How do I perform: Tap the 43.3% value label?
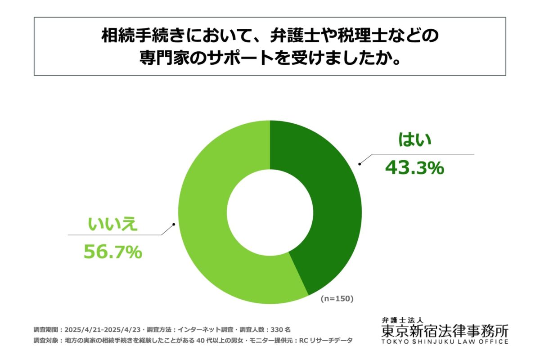tap(414, 168)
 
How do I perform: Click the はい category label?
tap(414, 140)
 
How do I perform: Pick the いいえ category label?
tap(112, 224)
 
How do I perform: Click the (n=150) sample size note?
tap(337, 298)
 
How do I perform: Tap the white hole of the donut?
tap(270, 211)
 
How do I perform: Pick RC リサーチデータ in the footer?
tap(325, 341)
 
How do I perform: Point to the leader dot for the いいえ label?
tap(173, 224)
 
